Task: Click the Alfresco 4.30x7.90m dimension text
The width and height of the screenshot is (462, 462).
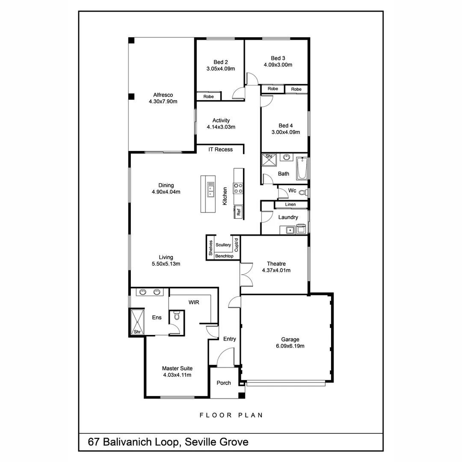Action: point(163,102)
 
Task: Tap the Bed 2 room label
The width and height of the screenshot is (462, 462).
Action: point(221,62)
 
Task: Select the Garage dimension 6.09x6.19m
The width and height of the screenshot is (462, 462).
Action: point(290,346)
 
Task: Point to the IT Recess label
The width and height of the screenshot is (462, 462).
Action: point(221,149)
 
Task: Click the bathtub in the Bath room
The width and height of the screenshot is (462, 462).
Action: point(302,169)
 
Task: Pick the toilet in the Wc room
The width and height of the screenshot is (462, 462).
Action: point(302,192)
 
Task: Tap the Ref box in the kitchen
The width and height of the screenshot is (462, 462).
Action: point(239,211)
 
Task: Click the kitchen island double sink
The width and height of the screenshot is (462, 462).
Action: point(211,189)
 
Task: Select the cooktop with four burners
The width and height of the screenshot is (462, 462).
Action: point(238,188)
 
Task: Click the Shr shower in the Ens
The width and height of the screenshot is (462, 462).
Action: point(137,322)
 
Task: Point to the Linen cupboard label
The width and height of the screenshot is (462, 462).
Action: point(290,204)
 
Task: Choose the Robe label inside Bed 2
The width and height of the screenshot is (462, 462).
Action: point(208,97)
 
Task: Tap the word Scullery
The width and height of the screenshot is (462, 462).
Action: point(223,245)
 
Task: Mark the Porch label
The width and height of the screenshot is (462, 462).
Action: point(224,383)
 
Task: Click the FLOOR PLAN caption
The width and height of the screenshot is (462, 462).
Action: point(231,415)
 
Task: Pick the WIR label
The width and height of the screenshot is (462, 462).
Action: point(194,302)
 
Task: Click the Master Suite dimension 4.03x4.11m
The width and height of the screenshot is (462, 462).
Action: point(177,375)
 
